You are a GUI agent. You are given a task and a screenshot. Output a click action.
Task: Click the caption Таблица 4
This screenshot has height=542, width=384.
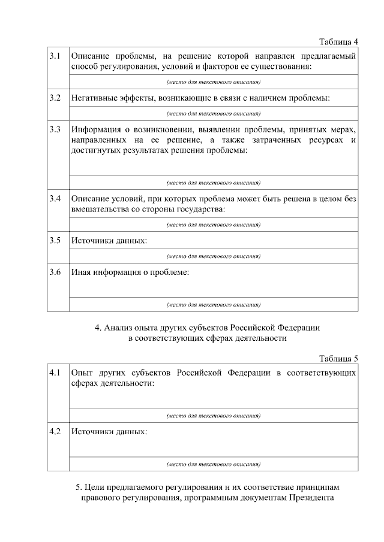[338, 41]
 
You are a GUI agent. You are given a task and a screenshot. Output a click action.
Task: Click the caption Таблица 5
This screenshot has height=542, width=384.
[338, 359]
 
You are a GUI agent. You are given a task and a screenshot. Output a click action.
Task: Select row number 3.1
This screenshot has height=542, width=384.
[55, 56]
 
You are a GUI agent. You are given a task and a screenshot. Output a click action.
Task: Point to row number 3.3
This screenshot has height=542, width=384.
[55, 129]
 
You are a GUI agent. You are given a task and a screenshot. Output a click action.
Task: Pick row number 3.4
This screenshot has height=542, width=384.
[55, 199]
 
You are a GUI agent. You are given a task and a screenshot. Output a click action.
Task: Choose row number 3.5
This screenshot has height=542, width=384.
[55, 241]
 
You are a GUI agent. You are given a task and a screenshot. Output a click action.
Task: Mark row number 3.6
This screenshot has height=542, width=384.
[55, 272]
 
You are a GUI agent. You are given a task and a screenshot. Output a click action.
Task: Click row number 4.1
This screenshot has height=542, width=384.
[55, 373]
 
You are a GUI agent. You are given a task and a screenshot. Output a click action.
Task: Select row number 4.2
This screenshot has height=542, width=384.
[55, 431]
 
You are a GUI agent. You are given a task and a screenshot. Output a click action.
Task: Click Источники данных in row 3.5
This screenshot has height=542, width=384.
[109, 241]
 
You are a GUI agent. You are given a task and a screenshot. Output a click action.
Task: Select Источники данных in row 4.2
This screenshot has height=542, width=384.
[109, 431]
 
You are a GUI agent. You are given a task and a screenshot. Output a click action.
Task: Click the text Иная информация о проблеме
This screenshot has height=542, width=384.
[130, 272]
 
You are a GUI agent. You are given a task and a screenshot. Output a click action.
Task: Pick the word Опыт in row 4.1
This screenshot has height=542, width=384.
[82, 373]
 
